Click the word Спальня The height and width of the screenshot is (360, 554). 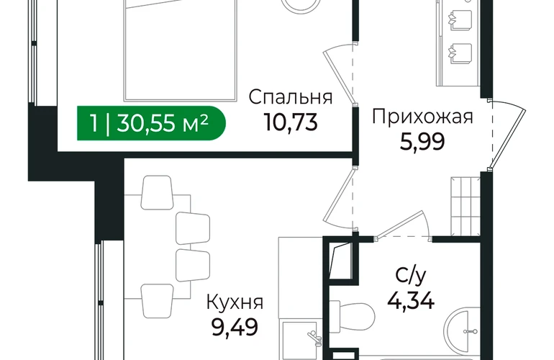point(291,97)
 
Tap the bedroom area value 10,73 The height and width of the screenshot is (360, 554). point(291,122)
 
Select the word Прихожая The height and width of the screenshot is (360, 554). point(422,117)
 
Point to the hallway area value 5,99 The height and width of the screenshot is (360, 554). point(422,142)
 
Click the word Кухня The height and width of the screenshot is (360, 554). point(235,302)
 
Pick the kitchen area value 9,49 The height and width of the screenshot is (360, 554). point(235,328)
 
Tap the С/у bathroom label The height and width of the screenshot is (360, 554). point(411,276)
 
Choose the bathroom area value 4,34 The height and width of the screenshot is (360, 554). point(411,301)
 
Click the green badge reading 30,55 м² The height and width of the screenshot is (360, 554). point(151,123)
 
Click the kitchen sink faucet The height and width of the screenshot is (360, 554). point(314,338)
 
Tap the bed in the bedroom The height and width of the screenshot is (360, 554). point(180,50)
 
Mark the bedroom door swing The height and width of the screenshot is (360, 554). point(339,74)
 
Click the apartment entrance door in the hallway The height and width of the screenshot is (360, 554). point(508,135)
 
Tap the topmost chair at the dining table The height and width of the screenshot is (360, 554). point(157,192)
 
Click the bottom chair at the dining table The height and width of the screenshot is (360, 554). point(158,300)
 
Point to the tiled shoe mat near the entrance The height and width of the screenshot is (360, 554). point(466,206)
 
